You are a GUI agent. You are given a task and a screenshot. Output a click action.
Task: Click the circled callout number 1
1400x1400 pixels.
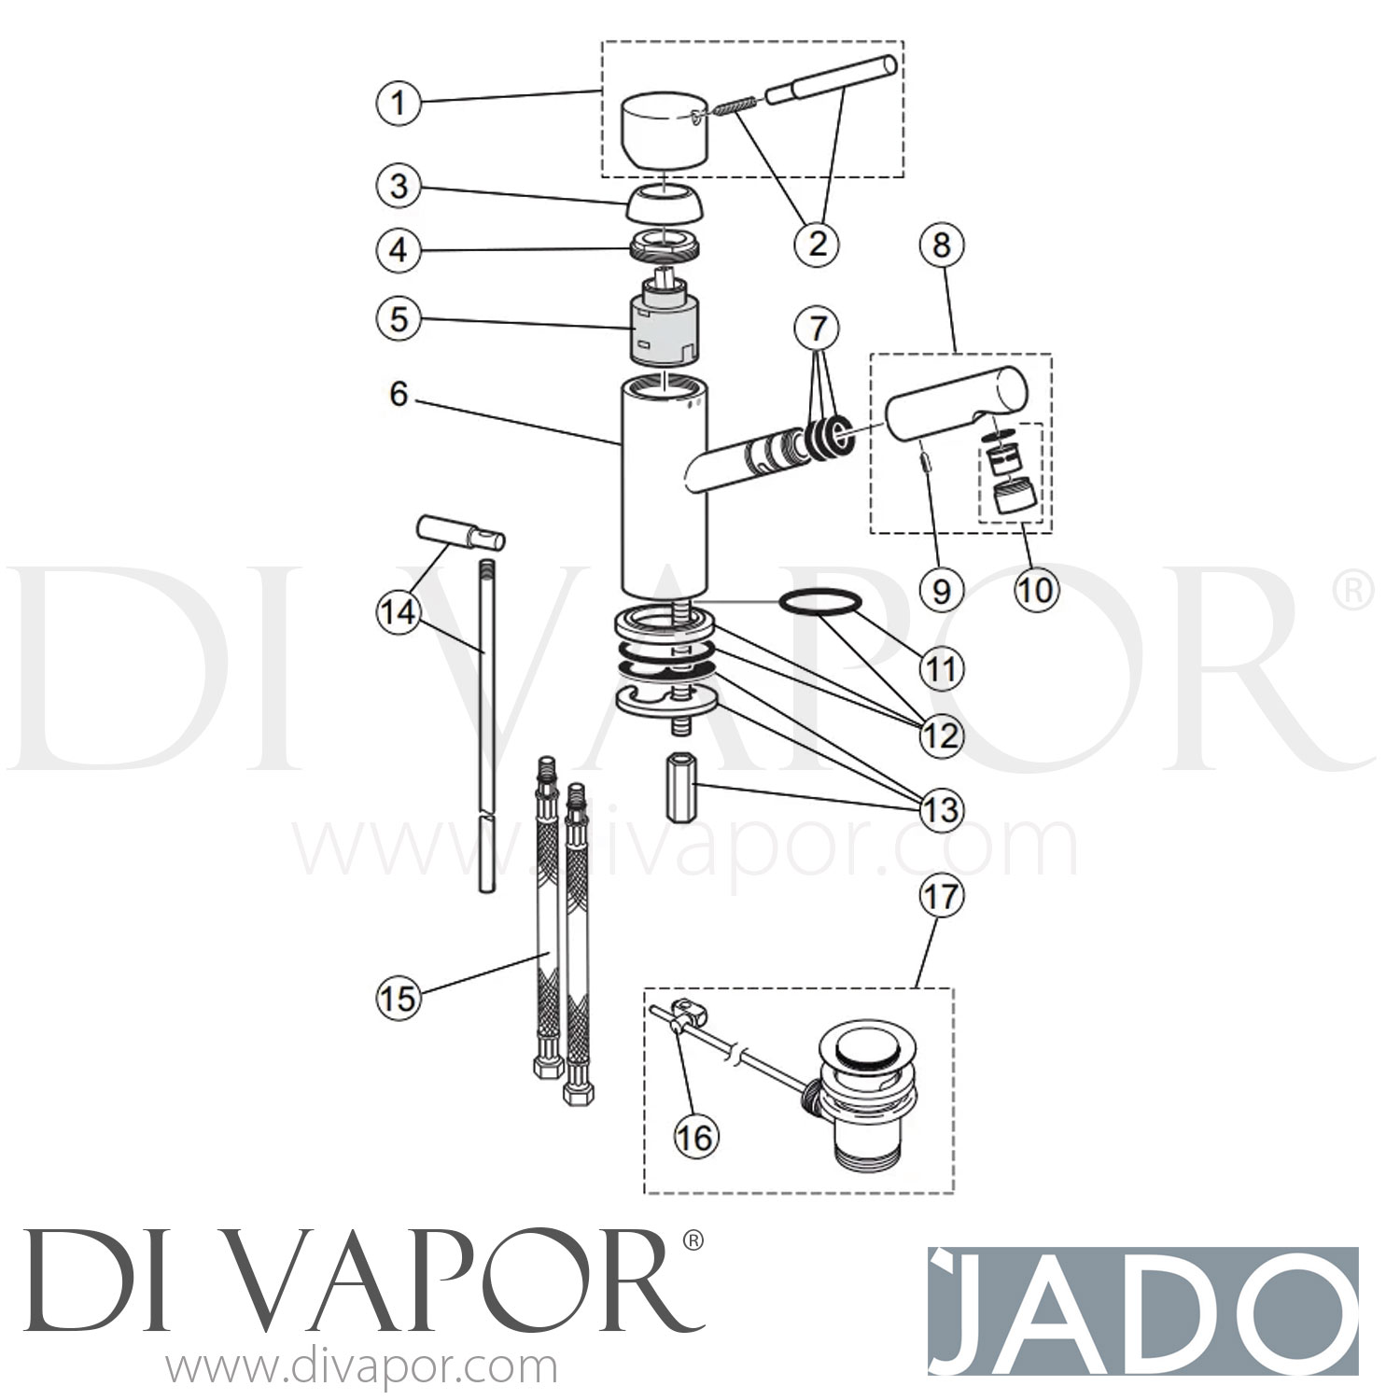point(399,101)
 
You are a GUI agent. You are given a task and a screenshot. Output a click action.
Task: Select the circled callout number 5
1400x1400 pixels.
point(399,319)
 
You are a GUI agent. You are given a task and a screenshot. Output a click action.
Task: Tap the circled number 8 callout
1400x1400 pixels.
point(941,245)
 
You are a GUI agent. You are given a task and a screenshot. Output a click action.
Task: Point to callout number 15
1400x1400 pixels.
point(399,998)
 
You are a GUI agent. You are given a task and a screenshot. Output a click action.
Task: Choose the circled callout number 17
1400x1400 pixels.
point(941,896)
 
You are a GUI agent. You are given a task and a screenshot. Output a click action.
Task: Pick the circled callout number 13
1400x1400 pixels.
point(941,808)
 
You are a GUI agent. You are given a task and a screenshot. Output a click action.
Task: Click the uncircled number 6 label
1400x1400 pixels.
point(399,395)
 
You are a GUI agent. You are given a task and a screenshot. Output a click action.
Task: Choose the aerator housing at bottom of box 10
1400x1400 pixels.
point(1014,494)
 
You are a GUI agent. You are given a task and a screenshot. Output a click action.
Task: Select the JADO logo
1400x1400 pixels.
point(1142,1310)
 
